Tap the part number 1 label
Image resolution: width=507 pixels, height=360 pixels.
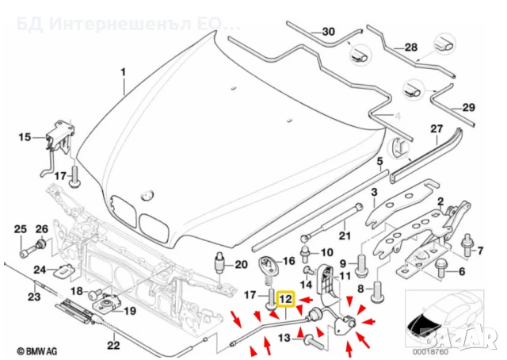coord(123,73)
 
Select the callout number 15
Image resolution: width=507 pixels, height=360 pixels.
coord(24,137)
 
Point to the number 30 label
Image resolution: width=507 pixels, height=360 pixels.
coord(329,32)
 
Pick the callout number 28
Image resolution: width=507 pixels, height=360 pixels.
coord(410,48)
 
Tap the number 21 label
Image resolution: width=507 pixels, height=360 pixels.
coord(343,235)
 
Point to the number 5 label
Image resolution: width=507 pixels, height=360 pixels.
coord(379,161)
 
